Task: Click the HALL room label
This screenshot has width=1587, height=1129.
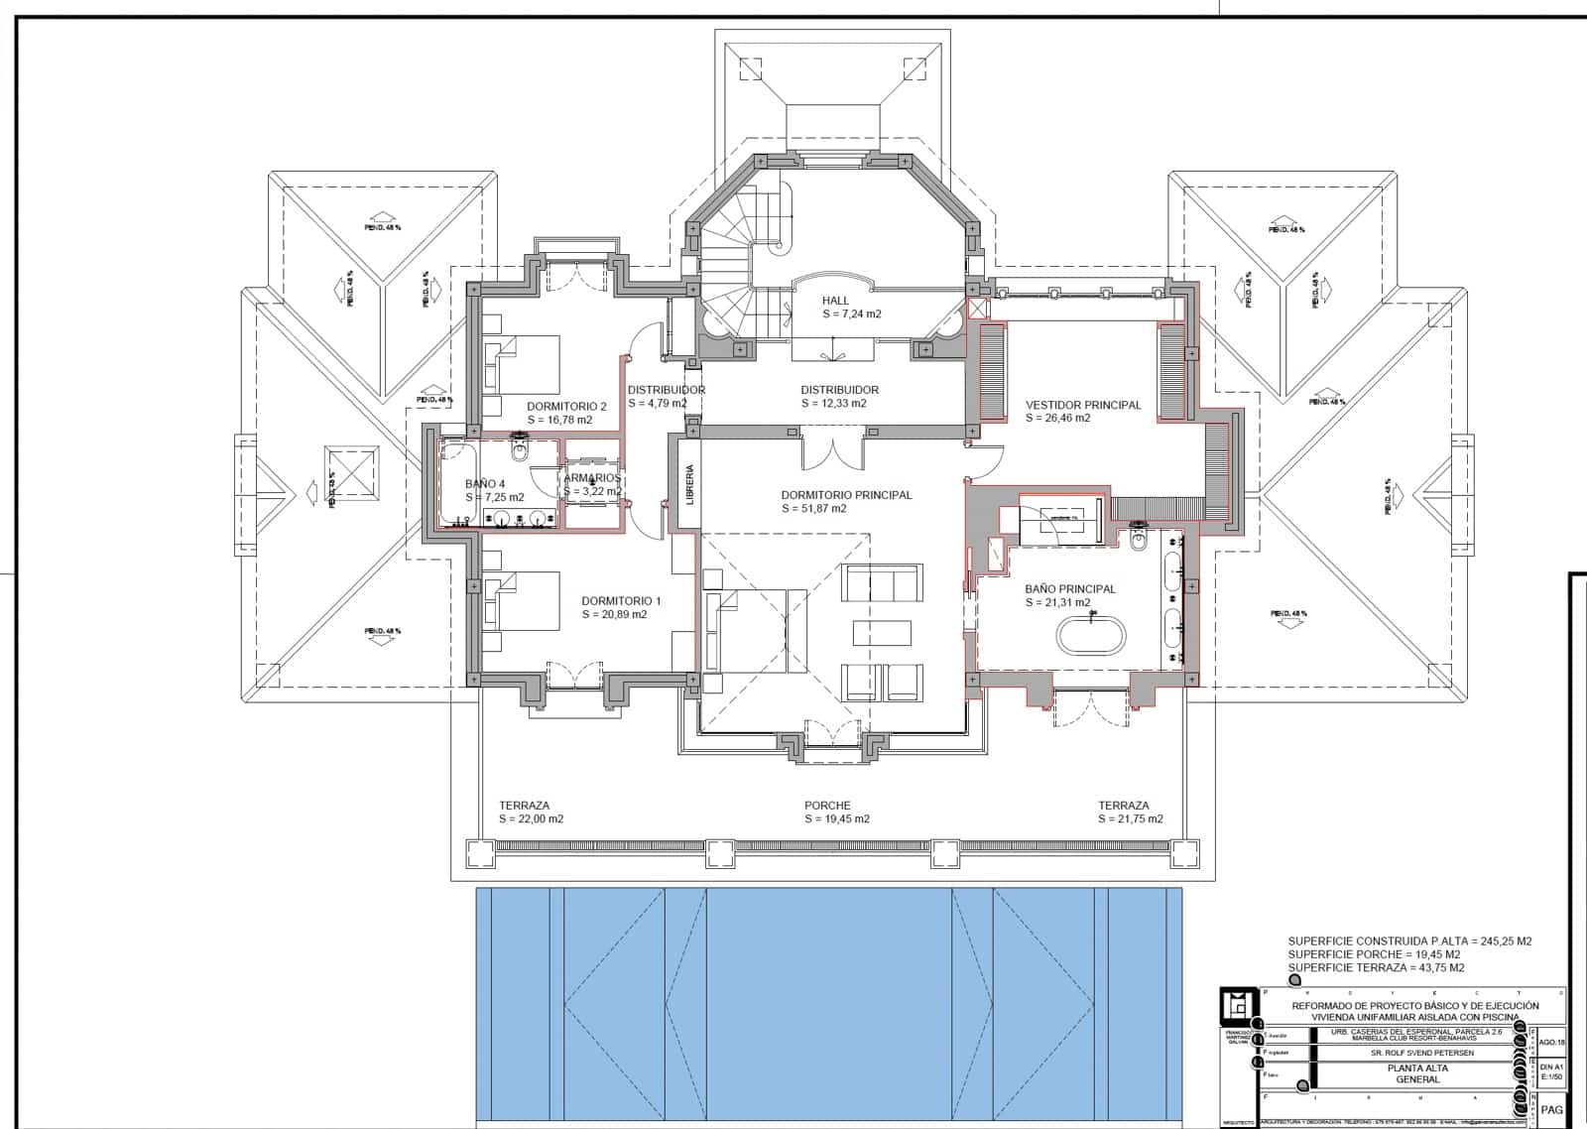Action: coord(835,301)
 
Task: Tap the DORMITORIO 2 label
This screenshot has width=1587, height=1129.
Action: coord(566,407)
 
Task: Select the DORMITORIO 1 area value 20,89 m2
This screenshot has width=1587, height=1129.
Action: coord(614,615)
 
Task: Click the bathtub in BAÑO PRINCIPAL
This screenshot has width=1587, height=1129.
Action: coord(1091,635)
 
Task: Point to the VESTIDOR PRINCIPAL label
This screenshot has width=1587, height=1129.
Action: coord(1083,405)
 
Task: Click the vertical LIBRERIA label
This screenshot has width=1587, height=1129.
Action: coord(690,485)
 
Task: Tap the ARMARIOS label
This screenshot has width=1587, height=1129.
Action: coord(592,478)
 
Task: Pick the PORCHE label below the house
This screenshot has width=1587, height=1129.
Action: coord(827,806)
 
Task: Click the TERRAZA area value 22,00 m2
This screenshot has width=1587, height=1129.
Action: coord(531,819)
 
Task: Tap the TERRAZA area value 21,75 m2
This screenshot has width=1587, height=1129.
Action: coord(1130,819)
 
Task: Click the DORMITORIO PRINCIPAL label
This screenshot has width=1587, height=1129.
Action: coord(846,495)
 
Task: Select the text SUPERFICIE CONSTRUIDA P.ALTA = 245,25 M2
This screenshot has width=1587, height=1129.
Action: coord(1409,941)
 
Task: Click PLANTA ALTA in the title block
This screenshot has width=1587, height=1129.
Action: coord(1416,1068)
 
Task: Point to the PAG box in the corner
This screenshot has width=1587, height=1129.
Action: coord(1552,1111)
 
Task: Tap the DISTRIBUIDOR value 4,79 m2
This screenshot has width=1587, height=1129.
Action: coord(658,404)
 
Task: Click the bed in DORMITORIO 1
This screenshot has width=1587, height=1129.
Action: coord(521,601)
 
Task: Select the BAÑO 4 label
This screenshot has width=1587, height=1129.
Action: coord(485,484)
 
